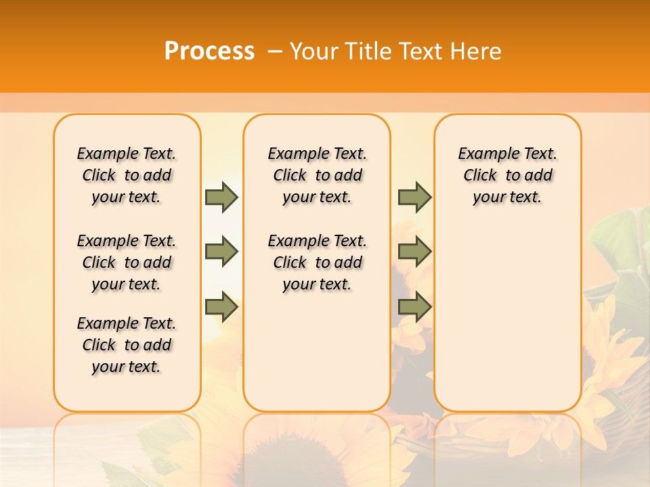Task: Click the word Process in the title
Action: [x=209, y=51]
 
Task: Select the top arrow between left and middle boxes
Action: [x=221, y=197]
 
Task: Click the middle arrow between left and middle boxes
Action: [x=221, y=252]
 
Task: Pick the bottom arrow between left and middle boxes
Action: [x=221, y=306]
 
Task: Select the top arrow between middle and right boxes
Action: [x=414, y=197]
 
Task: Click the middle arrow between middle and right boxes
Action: [x=414, y=252]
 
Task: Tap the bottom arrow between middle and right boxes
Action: [x=414, y=306]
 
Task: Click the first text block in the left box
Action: [x=127, y=175]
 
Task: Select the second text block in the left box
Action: [x=127, y=262]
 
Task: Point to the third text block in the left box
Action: [x=127, y=345]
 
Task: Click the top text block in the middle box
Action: [x=317, y=175]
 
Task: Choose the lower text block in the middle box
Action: [x=317, y=262]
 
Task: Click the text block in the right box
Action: [x=507, y=175]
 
